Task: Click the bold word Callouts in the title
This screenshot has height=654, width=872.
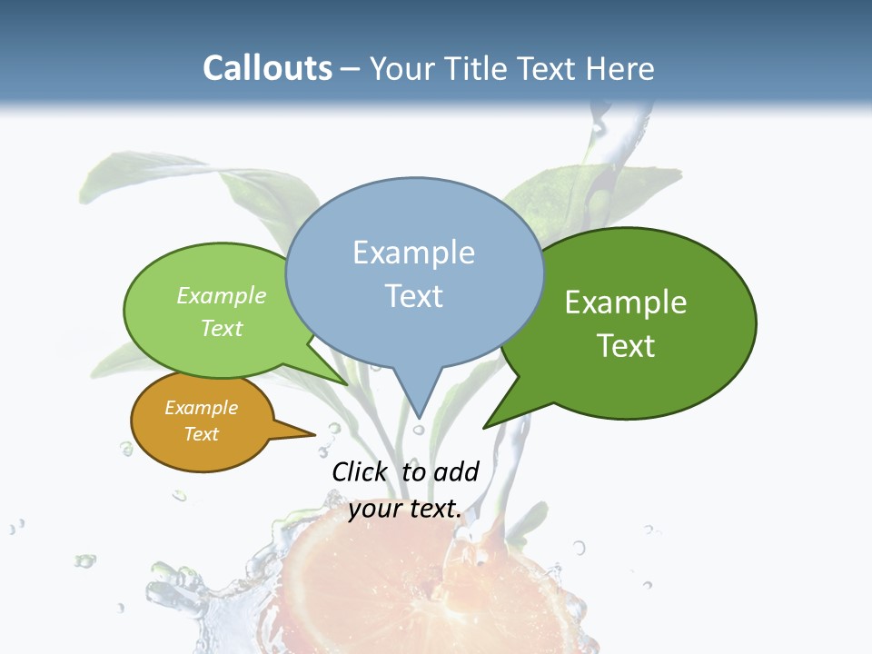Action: click(267, 68)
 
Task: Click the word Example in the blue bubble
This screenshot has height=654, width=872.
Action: click(413, 253)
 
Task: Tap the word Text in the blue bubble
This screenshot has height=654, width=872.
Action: click(413, 296)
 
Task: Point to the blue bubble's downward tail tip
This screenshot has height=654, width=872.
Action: click(420, 414)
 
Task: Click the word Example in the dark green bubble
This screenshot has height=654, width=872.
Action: click(626, 302)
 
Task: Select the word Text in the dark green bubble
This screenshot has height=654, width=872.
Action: click(626, 346)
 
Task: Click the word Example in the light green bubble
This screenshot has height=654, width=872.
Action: click(222, 296)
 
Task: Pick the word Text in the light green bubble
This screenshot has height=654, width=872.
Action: click(222, 328)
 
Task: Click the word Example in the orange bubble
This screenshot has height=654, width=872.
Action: click(201, 408)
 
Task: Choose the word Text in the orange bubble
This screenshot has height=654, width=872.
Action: click(201, 434)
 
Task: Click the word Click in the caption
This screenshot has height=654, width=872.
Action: click(359, 471)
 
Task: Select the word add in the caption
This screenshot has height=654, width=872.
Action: click(456, 471)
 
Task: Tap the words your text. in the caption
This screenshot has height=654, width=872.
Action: click(405, 509)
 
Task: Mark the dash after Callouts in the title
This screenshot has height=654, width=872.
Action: click(351, 69)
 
